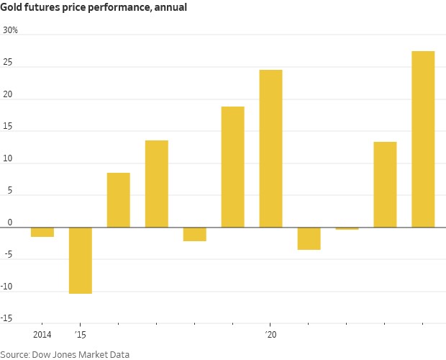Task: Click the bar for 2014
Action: click(x=42, y=232)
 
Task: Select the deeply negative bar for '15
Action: click(x=81, y=260)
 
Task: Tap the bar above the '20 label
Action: click(x=270, y=148)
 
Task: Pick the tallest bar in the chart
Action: click(x=423, y=139)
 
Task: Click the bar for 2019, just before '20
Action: click(x=232, y=167)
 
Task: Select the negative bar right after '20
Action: click(x=309, y=238)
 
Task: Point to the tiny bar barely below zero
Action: click(x=347, y=228)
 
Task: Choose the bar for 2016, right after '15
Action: click(x=119, y=200)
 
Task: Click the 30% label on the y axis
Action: click(x=11, y=30)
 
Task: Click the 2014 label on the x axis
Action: click(x=42, y=335)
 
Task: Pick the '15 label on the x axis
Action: click(x=79, y=335)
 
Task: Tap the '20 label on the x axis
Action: click(x=270, y=335)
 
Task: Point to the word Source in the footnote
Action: click(x=15, y=354)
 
